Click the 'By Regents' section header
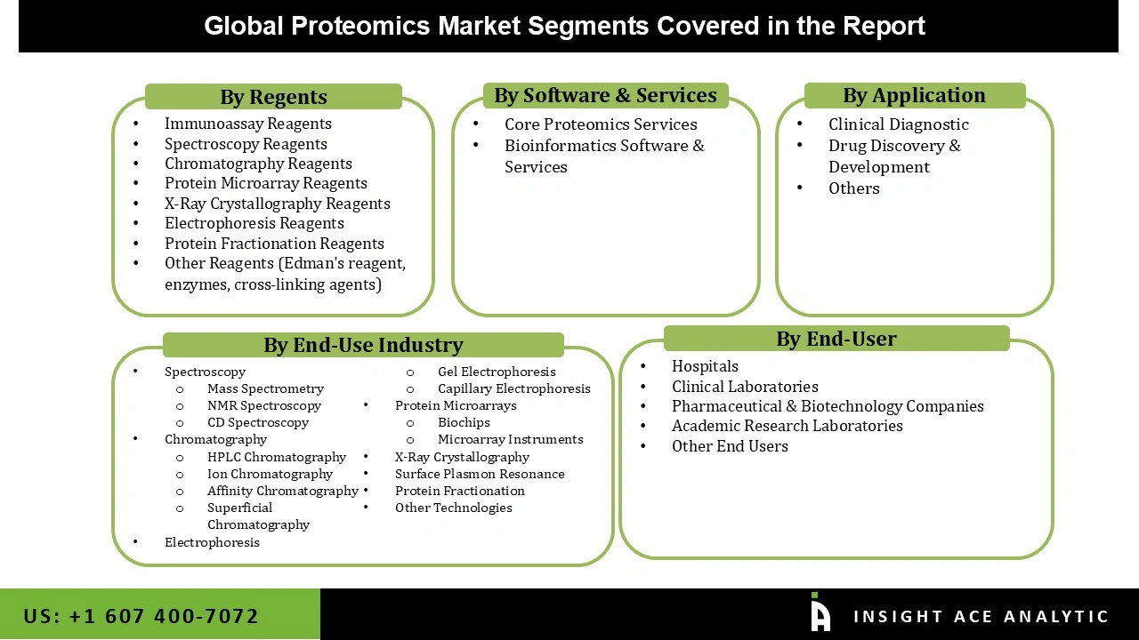tap(273, 97)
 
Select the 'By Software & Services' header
tap(605, 95)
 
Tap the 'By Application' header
tap(914, 95)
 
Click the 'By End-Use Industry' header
tap(363, 345)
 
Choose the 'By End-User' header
tap(836, 339)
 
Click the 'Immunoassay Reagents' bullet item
tap(247, 124)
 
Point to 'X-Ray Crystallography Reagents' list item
tap(277, 204)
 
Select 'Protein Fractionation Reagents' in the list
tap(274, 244)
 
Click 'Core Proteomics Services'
tap(601, 124)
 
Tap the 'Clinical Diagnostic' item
tap(898, 124)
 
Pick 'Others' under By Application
tap(853, 188)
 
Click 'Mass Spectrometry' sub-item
tap(265, 388)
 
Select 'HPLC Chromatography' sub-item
tap(276, 457)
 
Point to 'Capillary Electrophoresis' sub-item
tap(513, 388)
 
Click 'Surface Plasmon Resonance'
tap(480, 474)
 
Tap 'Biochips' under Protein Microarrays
tap(464, 422)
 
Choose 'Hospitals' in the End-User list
tap(705, 366)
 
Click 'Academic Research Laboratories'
tap(787, 426)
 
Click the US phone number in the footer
tap(141, 616)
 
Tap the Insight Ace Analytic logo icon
tap(820, 614)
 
